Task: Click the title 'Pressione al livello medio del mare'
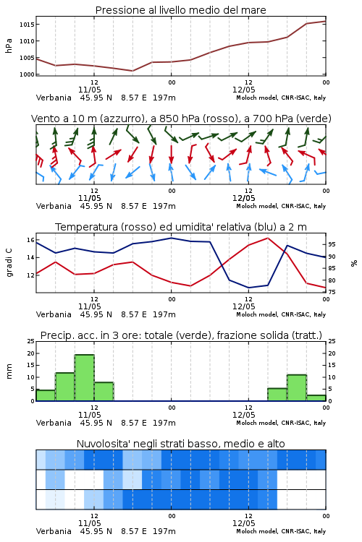point(180,10)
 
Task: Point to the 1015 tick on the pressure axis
point(26,25)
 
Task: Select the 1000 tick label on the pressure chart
point(26,74)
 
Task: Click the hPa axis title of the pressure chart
point(9,46)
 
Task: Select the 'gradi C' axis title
point(9,263)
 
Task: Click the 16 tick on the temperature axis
point(30,240)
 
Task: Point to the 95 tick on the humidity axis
point(332,244)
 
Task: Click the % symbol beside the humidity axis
point(354,263)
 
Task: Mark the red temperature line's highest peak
point(268,238)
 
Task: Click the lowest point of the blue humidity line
point(249,288)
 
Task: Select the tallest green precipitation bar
point(85,377)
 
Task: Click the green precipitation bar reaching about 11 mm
point(297,388)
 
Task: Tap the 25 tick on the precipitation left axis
point(31,341)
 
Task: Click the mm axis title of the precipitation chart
point(9,371)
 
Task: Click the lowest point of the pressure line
point(132,71)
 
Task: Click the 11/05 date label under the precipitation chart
point(89,415)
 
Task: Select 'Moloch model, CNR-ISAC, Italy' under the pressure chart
point(281,98)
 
